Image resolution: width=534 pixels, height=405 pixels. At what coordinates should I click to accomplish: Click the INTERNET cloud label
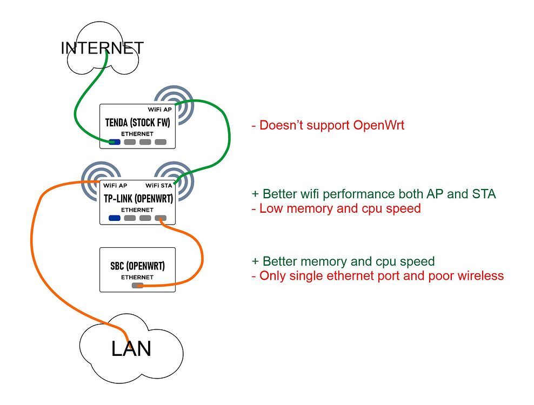point(102,48)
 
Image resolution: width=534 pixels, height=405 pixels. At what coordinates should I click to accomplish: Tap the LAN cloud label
point(131,349)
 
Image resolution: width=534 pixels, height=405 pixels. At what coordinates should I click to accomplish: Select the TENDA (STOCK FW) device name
point(137,123)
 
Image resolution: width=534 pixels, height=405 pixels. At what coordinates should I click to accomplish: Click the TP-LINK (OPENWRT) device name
point(138,198)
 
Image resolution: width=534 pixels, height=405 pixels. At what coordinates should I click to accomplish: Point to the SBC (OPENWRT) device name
point(137,266)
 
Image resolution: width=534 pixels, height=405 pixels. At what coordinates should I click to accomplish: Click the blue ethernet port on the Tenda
point(114,143)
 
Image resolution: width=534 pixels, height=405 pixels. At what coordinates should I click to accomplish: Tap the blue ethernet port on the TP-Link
point(114,218)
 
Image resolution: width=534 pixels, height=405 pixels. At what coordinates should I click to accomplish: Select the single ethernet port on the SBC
point(138,285)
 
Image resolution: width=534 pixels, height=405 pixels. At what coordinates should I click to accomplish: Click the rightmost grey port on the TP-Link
point(161,218)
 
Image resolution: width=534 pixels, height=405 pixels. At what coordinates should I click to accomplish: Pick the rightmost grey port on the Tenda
point(161,143)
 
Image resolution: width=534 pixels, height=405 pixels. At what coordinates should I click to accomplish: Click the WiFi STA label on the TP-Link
point(159,186)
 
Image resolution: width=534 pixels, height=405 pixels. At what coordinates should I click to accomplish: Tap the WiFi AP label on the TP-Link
point(115,186)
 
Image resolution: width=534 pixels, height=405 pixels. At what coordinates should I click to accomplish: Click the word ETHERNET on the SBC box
point(137,277)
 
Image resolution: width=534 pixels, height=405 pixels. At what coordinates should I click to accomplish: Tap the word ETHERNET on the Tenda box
point(137,133)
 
